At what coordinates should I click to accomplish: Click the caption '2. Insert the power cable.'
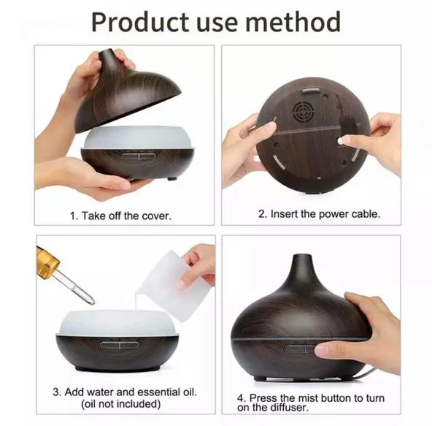click(x=320, y=215)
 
